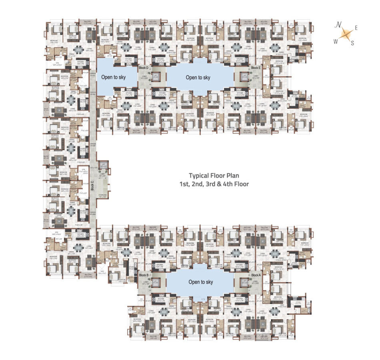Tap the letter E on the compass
tap(356, 28)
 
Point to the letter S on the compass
tap(352, 44)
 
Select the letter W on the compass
tap(336, 41)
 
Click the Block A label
tap(256, 275)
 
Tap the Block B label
tap(144, 275)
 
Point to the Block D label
tap(144, 68)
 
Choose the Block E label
tap(256, 68)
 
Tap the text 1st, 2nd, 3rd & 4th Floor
tap(214, 184)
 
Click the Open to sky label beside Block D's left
tap(114, 77)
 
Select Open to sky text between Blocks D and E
tap(198, 77)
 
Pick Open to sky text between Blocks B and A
tap(200, 282)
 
